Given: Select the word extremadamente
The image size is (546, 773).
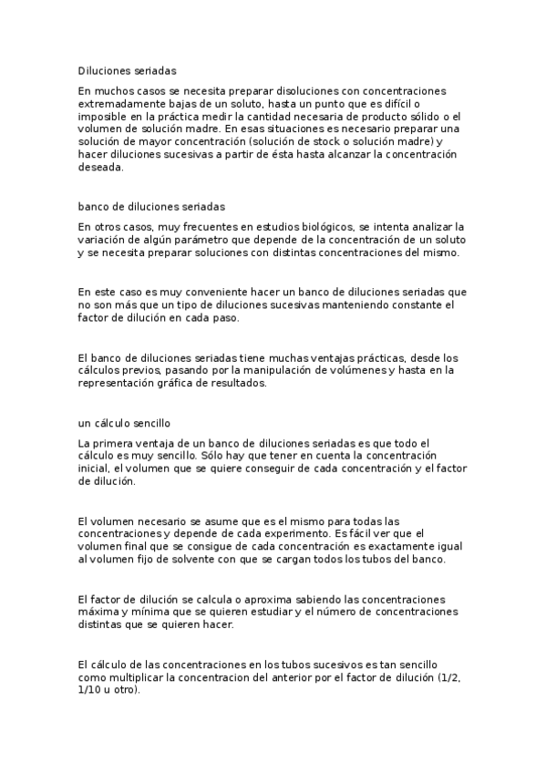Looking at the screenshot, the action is tap(121, 104).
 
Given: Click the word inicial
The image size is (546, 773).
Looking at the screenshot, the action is tap(94, 469).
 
